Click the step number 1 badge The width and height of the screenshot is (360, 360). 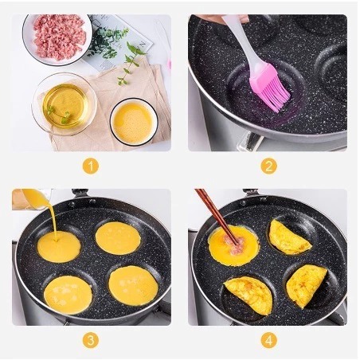(91, 166)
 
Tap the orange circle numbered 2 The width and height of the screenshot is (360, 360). (268, 166)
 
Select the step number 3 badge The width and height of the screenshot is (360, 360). (91, 340)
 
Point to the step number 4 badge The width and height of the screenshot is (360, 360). (268, 340)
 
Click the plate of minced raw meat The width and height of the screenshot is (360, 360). (57, 39)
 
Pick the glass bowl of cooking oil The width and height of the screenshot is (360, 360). (65, 104)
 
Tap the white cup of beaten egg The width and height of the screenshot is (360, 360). (134, 122)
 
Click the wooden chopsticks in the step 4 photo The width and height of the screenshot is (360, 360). (217, 216)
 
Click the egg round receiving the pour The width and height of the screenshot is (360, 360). (59, 247)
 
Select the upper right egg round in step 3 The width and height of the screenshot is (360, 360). (118, 238)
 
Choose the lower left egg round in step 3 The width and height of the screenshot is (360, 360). (68, 295)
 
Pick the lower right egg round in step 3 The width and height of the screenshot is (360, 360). (133, 285)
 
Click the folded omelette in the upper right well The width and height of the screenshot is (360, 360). (288, 238)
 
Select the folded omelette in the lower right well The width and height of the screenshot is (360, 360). (306, 285)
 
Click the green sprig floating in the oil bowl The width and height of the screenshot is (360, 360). (59, 115)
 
